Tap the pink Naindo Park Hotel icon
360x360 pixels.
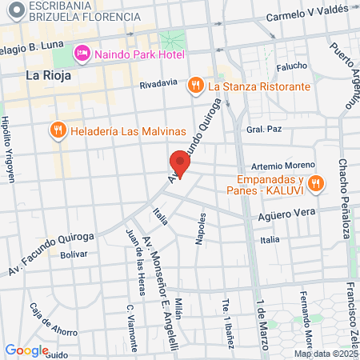(x=82, y=54)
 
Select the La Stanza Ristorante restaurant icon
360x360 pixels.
(x=195, y=86)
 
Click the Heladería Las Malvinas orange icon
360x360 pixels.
(x=58, y=130)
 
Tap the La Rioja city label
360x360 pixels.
(x=49, y=76)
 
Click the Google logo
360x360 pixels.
(x=26, y=350)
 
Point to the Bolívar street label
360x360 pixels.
(x=73, y=254)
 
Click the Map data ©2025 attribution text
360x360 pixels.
(x=326, y=353)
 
